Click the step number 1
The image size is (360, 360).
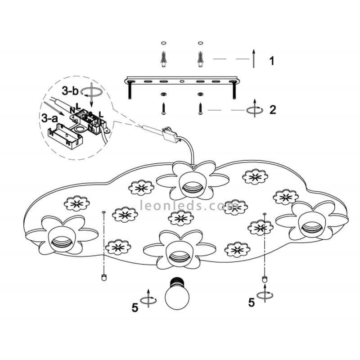(271, 61)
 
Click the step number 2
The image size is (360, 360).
(272, 109)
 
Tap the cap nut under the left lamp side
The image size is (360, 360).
(103, 276)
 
